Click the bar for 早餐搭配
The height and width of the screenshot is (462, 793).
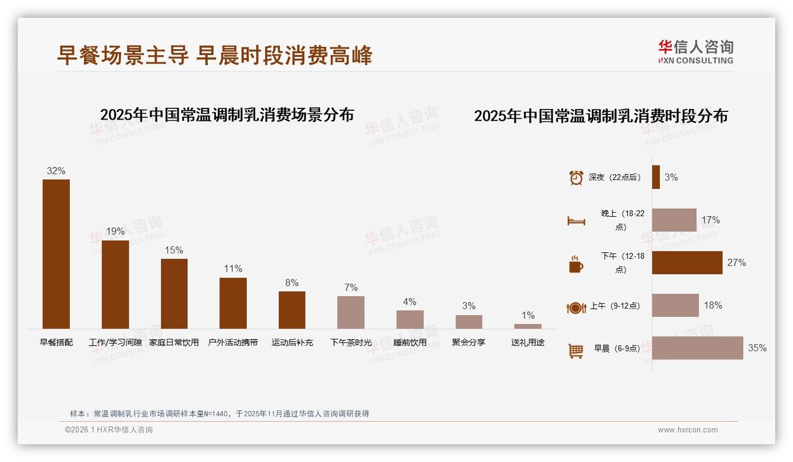(x=56, y=254)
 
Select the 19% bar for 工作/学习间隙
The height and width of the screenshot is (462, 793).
(x=115, y=284)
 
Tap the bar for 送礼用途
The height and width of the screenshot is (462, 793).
(x=527, y=326)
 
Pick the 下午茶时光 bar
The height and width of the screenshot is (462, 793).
(x=351, y=312)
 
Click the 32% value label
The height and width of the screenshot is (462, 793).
(x=56, y=171)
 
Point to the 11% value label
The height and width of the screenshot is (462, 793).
(x=233, y=269)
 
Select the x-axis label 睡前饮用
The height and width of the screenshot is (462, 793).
(x=410, y=342)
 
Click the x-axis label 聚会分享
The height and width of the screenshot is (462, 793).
(x=468, y=342)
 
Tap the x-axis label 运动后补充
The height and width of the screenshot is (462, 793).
(x=292, y=342)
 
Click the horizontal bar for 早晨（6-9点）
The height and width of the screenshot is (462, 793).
(x=697, y=348)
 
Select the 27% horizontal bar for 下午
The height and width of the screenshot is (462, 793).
(x=687, y=262)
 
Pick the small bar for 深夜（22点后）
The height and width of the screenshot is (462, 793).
(x=656, y=177)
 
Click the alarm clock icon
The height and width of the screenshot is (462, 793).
(x=576, y=178)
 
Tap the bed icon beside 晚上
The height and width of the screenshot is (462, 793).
(x=576, y=221)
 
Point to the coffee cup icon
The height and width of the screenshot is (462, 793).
(x=576, y=264)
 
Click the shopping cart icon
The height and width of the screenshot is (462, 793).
(x=576, y=351)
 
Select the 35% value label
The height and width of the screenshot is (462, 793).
(x=757, y=348)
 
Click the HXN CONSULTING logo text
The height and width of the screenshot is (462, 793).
(x=695, y=60)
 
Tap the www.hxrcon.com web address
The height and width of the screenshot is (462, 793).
(x=688, y=430)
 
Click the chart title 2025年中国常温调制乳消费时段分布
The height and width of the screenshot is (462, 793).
(x=601, y=116)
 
